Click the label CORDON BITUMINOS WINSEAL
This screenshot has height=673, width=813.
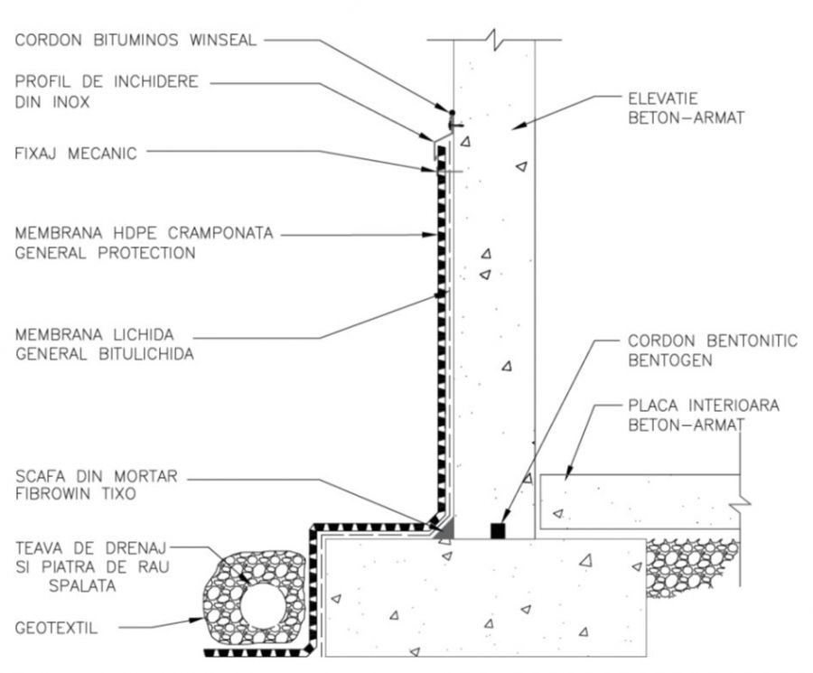tap(135, 40)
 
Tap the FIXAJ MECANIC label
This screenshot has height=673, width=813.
tap(75, 154)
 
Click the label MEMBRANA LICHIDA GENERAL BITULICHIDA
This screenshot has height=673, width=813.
tap(104, 345)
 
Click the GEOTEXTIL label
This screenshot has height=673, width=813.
tap(57, 624)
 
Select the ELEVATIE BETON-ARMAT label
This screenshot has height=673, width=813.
tap(686, 107)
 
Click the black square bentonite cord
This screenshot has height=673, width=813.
tap(496, 530)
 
